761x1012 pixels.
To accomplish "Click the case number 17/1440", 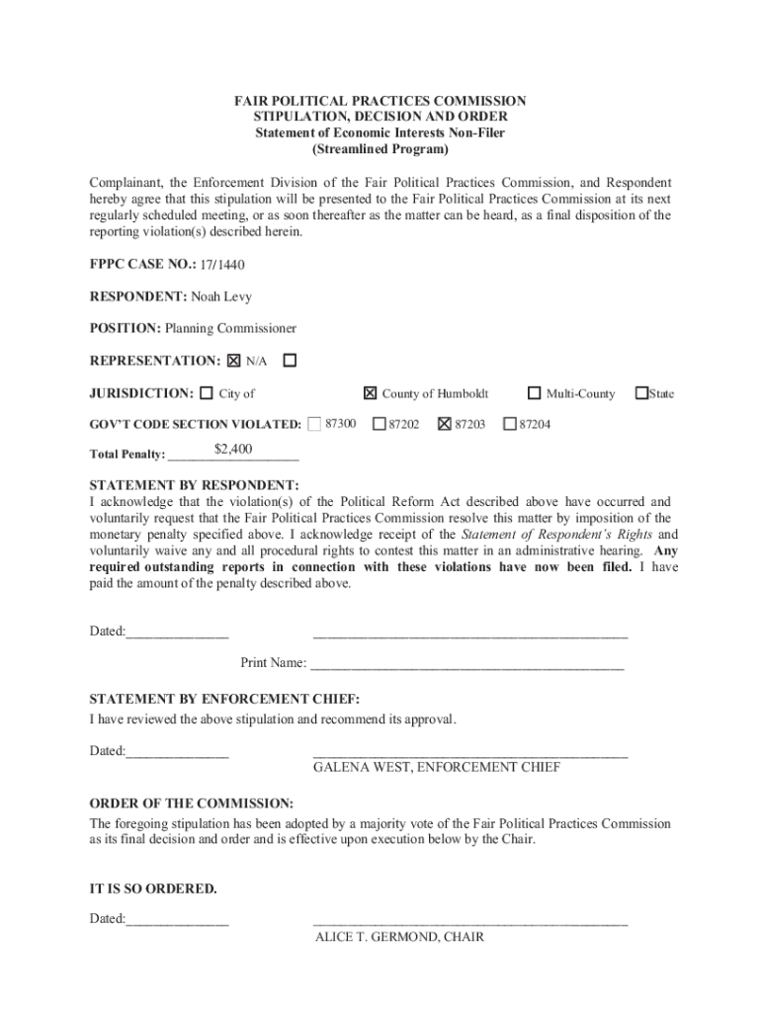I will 221,265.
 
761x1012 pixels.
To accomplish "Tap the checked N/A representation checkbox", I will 234,361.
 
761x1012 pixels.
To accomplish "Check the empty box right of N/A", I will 290,361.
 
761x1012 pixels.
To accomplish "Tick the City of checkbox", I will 206,393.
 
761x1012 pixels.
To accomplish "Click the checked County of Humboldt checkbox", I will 370,393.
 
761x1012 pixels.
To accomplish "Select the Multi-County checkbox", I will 535,393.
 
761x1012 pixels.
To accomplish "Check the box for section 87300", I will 314,424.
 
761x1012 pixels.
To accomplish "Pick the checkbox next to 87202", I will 379,424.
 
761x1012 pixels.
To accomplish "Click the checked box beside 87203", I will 444,424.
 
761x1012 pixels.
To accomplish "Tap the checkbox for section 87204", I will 510,424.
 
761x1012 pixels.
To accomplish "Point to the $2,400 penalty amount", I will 233,450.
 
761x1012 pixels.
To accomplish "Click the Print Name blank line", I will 467,663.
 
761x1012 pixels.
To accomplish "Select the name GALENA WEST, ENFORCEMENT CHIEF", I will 437,767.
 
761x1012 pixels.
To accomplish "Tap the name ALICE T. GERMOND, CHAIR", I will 399,936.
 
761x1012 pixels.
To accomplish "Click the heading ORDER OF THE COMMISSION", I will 192,803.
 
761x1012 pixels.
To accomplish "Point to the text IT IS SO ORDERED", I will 153,888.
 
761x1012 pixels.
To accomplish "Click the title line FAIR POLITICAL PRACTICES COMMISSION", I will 380,102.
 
